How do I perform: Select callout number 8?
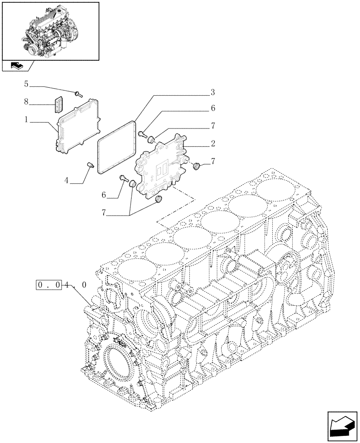[x=26, y=102]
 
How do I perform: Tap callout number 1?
[x=26, y=120]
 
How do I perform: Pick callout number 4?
[x=66, y=180]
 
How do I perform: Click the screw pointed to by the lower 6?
[x=124, y=179]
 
